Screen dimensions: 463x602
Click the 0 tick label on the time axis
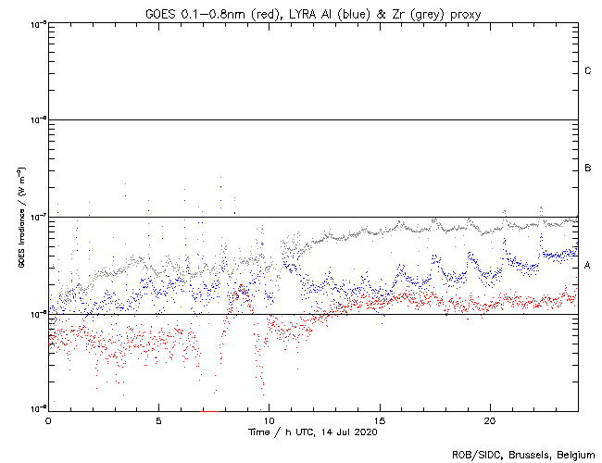pyautogui.click(x=48, y=419)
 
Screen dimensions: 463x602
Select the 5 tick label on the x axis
pyautogui.click(x=158, y=419)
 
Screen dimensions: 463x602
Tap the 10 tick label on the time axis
pyautogui.click(x=269, y=419)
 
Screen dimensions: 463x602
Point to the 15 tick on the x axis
pyautogui.click(x=379, y=419)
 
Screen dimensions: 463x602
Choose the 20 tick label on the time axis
pyautogui.click(x=489, y=419)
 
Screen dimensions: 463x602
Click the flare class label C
pyautogui.click(x=588, y=71)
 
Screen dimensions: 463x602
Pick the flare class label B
pyautogui.click(x=588, y=168)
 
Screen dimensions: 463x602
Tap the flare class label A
pyautogui.click(x=588, y=265)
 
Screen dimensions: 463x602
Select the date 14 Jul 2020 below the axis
pyautogui.click(x=352, y=432)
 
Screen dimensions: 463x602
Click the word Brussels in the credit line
pyautogui.click(x=519, y=455)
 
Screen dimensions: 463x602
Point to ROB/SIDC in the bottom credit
pyautogui.click(x=472, y=455)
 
